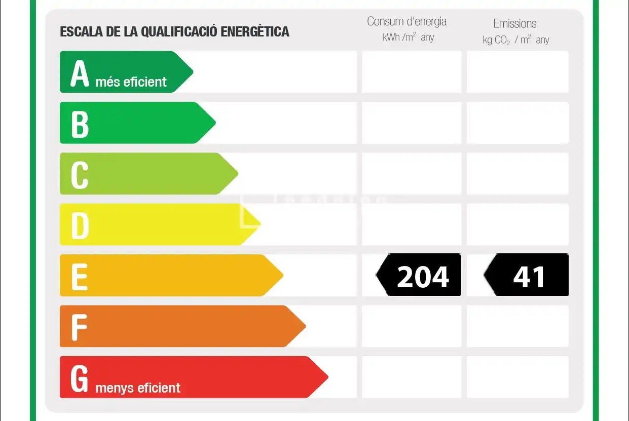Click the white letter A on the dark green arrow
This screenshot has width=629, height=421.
(x=80, y=73)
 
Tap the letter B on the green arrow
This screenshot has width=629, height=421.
(x=80, y=124)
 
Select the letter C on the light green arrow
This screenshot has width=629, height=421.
(x=80, y=175)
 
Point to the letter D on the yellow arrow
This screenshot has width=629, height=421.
(x=80, y=226)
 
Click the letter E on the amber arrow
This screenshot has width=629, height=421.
(x=80, y=277)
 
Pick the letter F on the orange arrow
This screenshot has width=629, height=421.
(x=79, y=327)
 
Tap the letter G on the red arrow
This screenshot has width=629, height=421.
(x=79, y=378)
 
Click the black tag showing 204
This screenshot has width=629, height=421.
(x=418, y=275)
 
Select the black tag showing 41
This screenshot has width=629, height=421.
(x=526, y=275)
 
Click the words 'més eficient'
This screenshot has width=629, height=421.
(x=131, y=82)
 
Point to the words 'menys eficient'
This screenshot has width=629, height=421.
(x=138, y=388)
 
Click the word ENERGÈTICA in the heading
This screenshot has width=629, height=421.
(x=254, y=31)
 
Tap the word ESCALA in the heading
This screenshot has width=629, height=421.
(x=81, y=31)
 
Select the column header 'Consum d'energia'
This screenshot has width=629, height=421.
(x=406, y=22)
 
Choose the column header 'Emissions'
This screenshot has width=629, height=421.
(x=515, y=24)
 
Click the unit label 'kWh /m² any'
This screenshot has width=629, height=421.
(x=408, y=37)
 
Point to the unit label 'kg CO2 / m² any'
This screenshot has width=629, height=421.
(x=516, y=40)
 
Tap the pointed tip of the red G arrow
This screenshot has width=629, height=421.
(x=328, y=377)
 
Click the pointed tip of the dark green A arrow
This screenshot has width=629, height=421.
(x=193, y=72)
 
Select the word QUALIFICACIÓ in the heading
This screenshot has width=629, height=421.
(x=179, y=31)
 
